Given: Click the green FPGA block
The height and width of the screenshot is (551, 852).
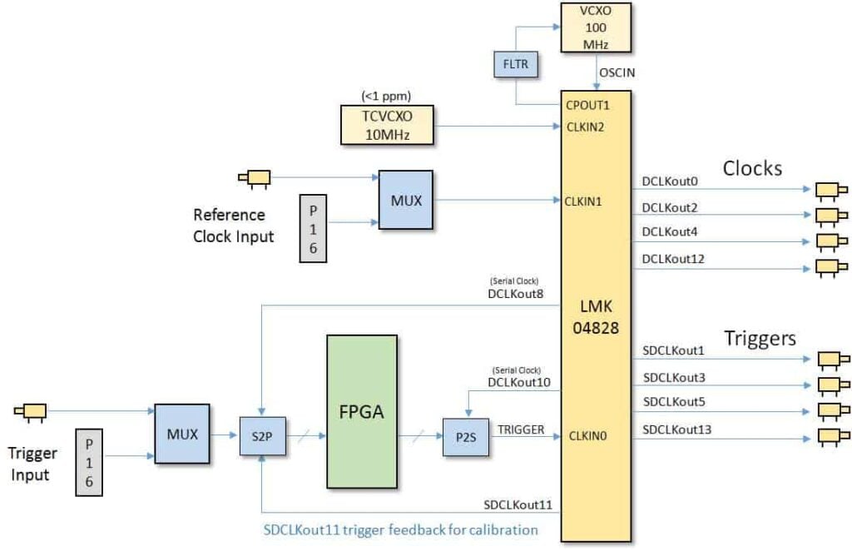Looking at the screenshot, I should point(361,411).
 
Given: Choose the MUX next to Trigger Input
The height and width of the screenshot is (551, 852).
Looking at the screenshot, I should point(181,434).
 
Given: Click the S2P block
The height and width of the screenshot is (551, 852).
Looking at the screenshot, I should point(261,435).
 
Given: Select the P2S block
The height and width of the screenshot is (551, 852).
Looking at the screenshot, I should point(465,435).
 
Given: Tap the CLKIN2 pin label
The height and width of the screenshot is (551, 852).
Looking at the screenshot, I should point(587,127).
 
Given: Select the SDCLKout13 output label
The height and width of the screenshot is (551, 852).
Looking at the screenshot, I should point(677,429).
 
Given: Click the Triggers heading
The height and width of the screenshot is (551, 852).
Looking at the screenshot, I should point(760,338).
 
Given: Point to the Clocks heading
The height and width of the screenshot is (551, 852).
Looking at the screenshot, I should point(752,167).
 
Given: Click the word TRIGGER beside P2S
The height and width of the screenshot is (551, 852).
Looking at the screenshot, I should point(521,429).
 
